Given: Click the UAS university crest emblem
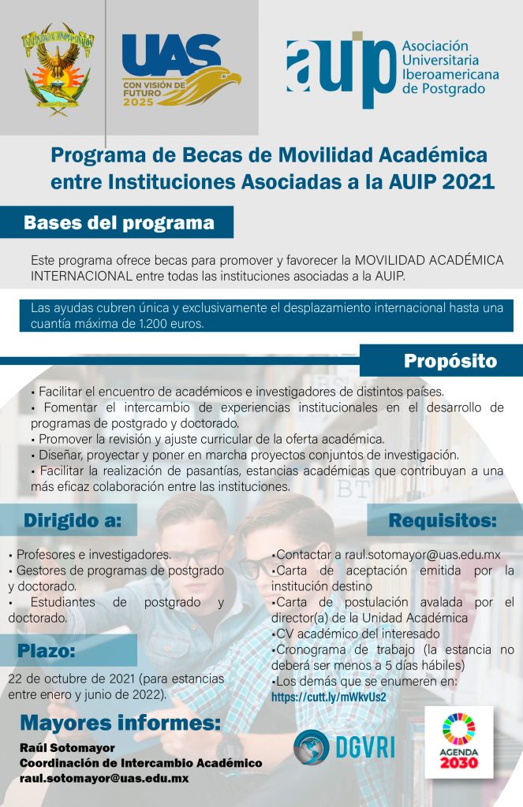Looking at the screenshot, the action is (x=58, y=69).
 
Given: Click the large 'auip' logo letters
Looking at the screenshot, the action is (x=341, y=69).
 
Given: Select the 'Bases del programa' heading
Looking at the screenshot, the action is (x=119, y=223).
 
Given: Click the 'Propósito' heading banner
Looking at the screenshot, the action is (x=450, y=361).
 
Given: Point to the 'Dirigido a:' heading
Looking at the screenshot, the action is (x=73, y=520).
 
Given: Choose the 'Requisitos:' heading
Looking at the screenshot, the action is (x=443, y=520).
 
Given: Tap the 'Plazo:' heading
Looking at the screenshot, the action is (x=47, y=650).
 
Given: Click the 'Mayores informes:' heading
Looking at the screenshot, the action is (x=120, y=723).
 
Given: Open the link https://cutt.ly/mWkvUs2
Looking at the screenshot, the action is (x=329, y=697).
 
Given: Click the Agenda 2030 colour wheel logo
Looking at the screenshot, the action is (x=458, y=729).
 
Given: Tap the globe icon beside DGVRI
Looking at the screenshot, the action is (x=312, y=747).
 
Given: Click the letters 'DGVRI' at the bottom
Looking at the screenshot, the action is (x=365, y=747).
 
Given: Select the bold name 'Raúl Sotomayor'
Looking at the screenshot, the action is (x=68, y=748).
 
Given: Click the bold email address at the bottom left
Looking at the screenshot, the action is (x=104, y=779).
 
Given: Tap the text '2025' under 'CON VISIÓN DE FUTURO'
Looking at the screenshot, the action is (x=138, y=102).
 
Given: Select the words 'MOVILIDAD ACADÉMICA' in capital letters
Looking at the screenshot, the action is (x=429, y=260).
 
